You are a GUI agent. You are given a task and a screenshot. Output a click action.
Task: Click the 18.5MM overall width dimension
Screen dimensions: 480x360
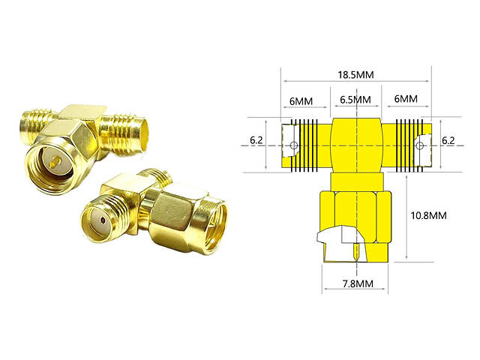pos(355,75)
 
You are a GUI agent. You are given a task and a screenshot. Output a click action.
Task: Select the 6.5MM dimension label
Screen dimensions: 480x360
pos(355,100)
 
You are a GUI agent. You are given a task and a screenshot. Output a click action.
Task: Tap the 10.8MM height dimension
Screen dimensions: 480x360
pos(428,215)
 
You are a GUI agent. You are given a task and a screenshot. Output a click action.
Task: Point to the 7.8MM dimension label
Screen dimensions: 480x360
pos(358,283)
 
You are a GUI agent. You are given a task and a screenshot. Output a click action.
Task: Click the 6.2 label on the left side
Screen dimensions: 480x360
pos(256,140)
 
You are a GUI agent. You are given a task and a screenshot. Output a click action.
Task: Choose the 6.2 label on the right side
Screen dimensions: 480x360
pos(448,140)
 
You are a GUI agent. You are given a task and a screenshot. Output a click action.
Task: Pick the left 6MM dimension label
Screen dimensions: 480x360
pos(301,101)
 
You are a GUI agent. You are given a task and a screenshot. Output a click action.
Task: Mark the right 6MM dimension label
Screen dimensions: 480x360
pos(406,99)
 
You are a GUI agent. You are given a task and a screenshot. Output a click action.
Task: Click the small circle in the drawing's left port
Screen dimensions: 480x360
pos(293,145)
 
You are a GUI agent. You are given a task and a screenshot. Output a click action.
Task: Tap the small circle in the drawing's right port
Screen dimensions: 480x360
pos(421,145)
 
